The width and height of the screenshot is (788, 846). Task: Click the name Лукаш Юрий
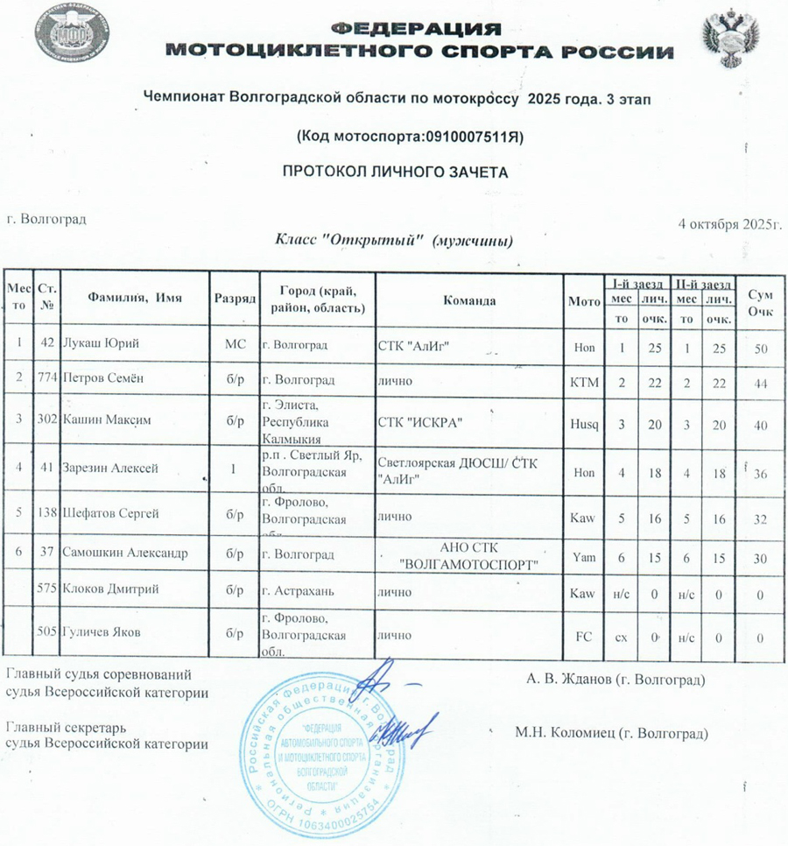pyautogui.click(x=104, y=347)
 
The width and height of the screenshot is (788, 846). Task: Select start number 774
pyautogui.click(x=49, y=384)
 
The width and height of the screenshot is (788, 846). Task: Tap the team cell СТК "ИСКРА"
pyautogui.click(x=419, y=421)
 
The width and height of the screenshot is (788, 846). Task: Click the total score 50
pyautogui.click(x=761, y=349)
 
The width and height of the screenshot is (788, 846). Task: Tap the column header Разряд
pyautogui.click(x=235, y=299)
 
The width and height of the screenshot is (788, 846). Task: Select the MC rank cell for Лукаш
pyautogui.click(x=235, y=347)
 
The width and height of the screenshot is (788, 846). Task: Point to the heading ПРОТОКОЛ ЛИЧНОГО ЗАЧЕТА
pyautogui.click(x=394, y=172)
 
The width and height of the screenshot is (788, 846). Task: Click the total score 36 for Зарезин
pyautogui.click(x=761, y=473)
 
